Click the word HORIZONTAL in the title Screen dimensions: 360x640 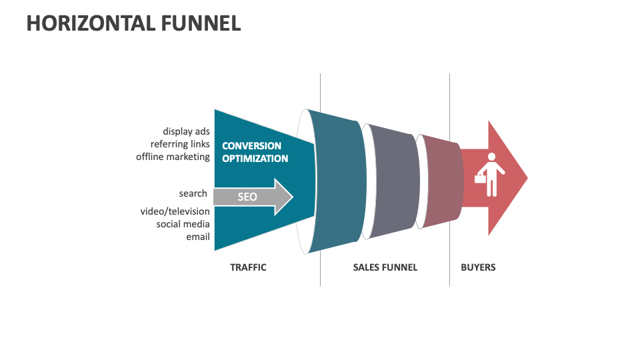pyautogui.click(x=81, y=23)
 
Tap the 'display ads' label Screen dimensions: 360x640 pyautogui.click(x=186, y=131)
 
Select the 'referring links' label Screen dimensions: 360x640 pyautogui.click(x=180, y=144)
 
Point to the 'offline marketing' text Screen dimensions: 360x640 pyautogui.click(x=173, y=157)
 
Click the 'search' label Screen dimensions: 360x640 pyautogui.click(x=193, y=193)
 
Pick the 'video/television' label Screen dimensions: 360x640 pyautogui.click(x=175, y=211)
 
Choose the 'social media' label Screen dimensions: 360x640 pyautogui.click(x=183, y=223)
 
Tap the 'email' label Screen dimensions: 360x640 pyautogui.click(x=198, y=236)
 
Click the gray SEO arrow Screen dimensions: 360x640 pyautogui.click(x=253, y=197)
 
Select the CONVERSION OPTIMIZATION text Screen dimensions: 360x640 pyautogui.click(x=255, y=152)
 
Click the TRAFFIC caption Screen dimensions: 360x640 pyautogui.click(x=248, y=267)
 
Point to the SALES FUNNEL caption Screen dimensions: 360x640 pyautogui.click(x=385, y=267)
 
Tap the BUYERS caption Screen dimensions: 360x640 pyautogui.click(x=478, y=267)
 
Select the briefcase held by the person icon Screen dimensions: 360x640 pyautogui.click(x=479, y=178)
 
